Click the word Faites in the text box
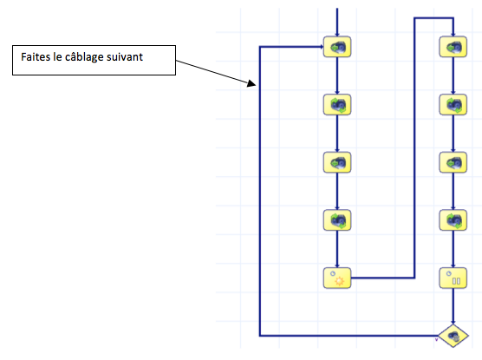pos(36,57)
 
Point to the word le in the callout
pos(57,57)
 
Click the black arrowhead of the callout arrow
pos(251,83)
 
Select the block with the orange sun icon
pos(337,278)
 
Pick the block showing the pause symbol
pos(453,278)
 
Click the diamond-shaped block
pos(453,336)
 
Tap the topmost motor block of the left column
pos(337,47)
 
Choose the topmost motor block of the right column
pos(453,47)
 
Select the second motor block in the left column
pos(337,105)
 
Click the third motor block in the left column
pos(337,162)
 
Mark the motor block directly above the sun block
pos(337,220)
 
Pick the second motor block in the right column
pos(453,105)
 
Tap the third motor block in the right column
pos(453,162)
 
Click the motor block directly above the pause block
pos(453,220)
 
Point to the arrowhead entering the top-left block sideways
pos(322,47)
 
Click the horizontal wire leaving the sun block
pos(383,278)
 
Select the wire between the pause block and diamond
pos(453,306)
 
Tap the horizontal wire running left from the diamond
pos(348,336)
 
